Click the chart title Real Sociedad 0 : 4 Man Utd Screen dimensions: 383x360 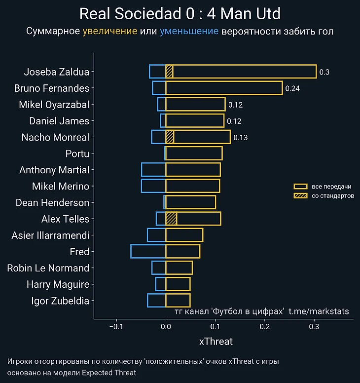pyautogui.click(x=180, y=14)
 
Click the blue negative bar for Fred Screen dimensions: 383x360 pyautogui.click(x=148, y=252)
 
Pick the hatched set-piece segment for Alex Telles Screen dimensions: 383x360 pyautogui.click(x=171, y=219)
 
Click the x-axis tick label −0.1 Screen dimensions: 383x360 pyautogui.click(x=116, y=326)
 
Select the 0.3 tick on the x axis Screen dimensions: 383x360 pyautogui.click(x=314, y=326)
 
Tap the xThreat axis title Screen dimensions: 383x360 pyautogui.click(x=216, y=342)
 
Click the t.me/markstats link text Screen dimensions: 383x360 pyautogui.click(x=319, y=311)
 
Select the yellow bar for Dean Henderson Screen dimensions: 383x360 pyautogui.click(x=190, y=202)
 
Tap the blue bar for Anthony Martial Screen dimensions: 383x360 pyautogui.click(x=153, y=170)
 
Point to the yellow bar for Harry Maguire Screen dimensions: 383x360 pyautogui.click(x=178, y=284)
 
